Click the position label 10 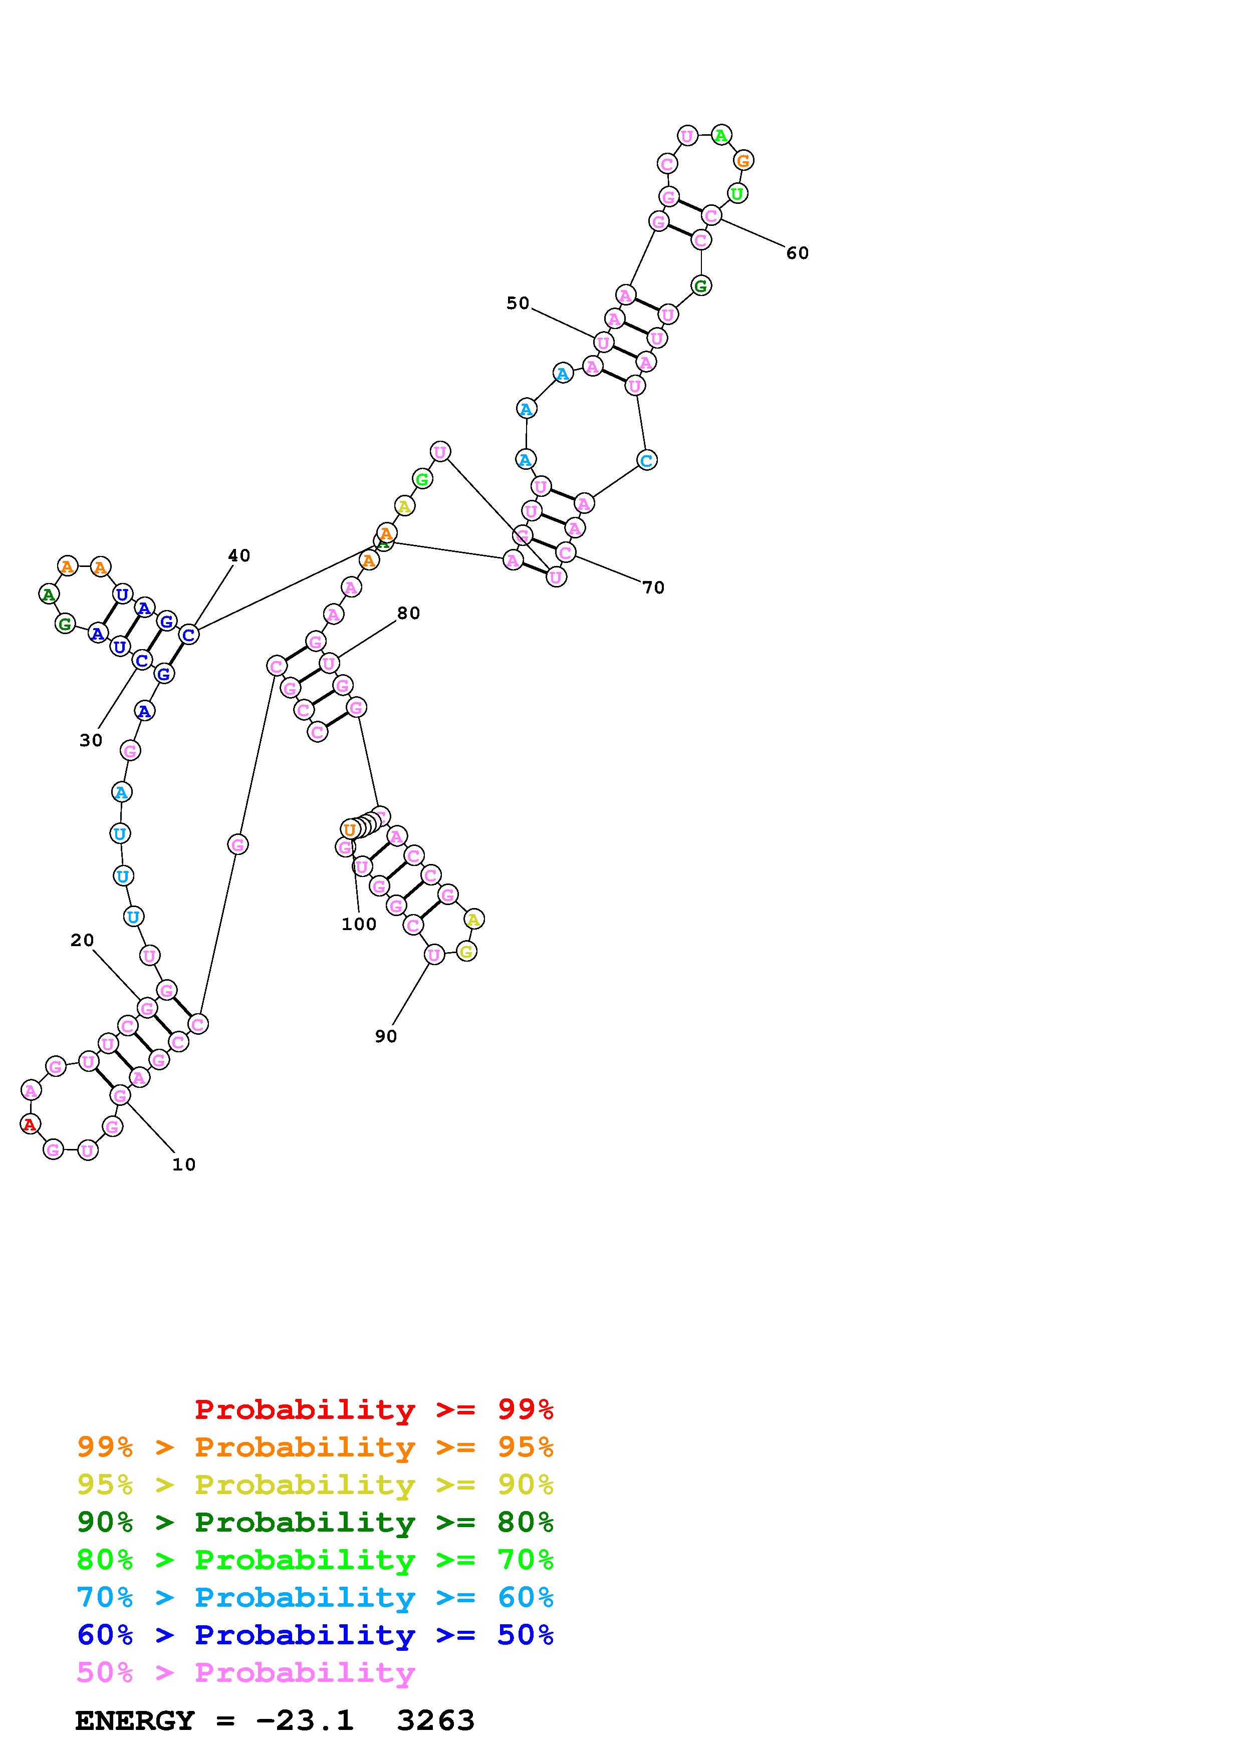pyautogui.click(x=184, y=1164)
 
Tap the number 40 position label pyautogui.click(x=239, y=555)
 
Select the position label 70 pyautogui.click(x=653, y=588)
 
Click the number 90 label pyautogui.click(x=386, y=1036)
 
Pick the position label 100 pyautogui.click(x=359, y=925)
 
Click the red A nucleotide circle pyautogui.click(x=30, y=1124)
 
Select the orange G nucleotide pyautogui.click(x=743, y=161)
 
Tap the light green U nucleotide pyautogui.click(x=736, y=194)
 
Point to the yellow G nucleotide pyautogui.click(x=466, y=951)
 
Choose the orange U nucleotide pyautogui.click(x=349, y=829)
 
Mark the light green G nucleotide pyautogui.click(x=422, y=479)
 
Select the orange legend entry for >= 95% pyautogui.click(x=315, y=1447)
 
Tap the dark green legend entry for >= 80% pyautogui.click(x=315, y=1522)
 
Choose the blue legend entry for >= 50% pyautogui.click(x=315, y=1635)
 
